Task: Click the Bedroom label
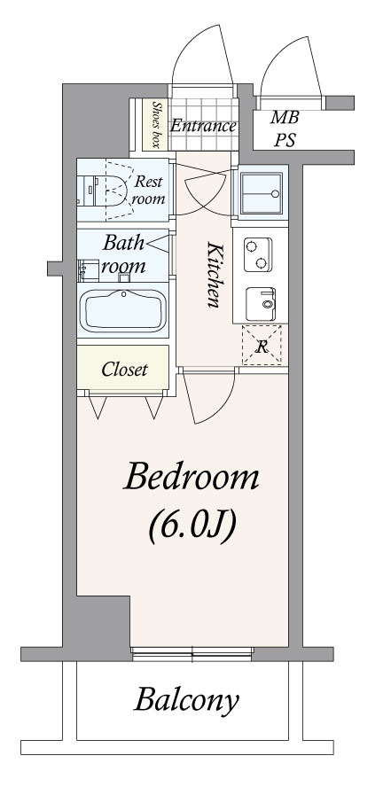coord(192,478)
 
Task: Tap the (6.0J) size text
coord(192,526)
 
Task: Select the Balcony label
coord(186,701)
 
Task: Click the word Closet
coord(124,370)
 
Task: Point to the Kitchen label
coord(215,275)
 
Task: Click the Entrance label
coord(203,126)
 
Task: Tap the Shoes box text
coord(156,125)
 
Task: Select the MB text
coord(285,118)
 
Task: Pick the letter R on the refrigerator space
coord(262,347)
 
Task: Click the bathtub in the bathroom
coord(123,311)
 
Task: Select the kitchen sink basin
coord(261,304)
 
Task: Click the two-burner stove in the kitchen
coord(258,255)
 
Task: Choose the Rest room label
coord(148,190)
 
